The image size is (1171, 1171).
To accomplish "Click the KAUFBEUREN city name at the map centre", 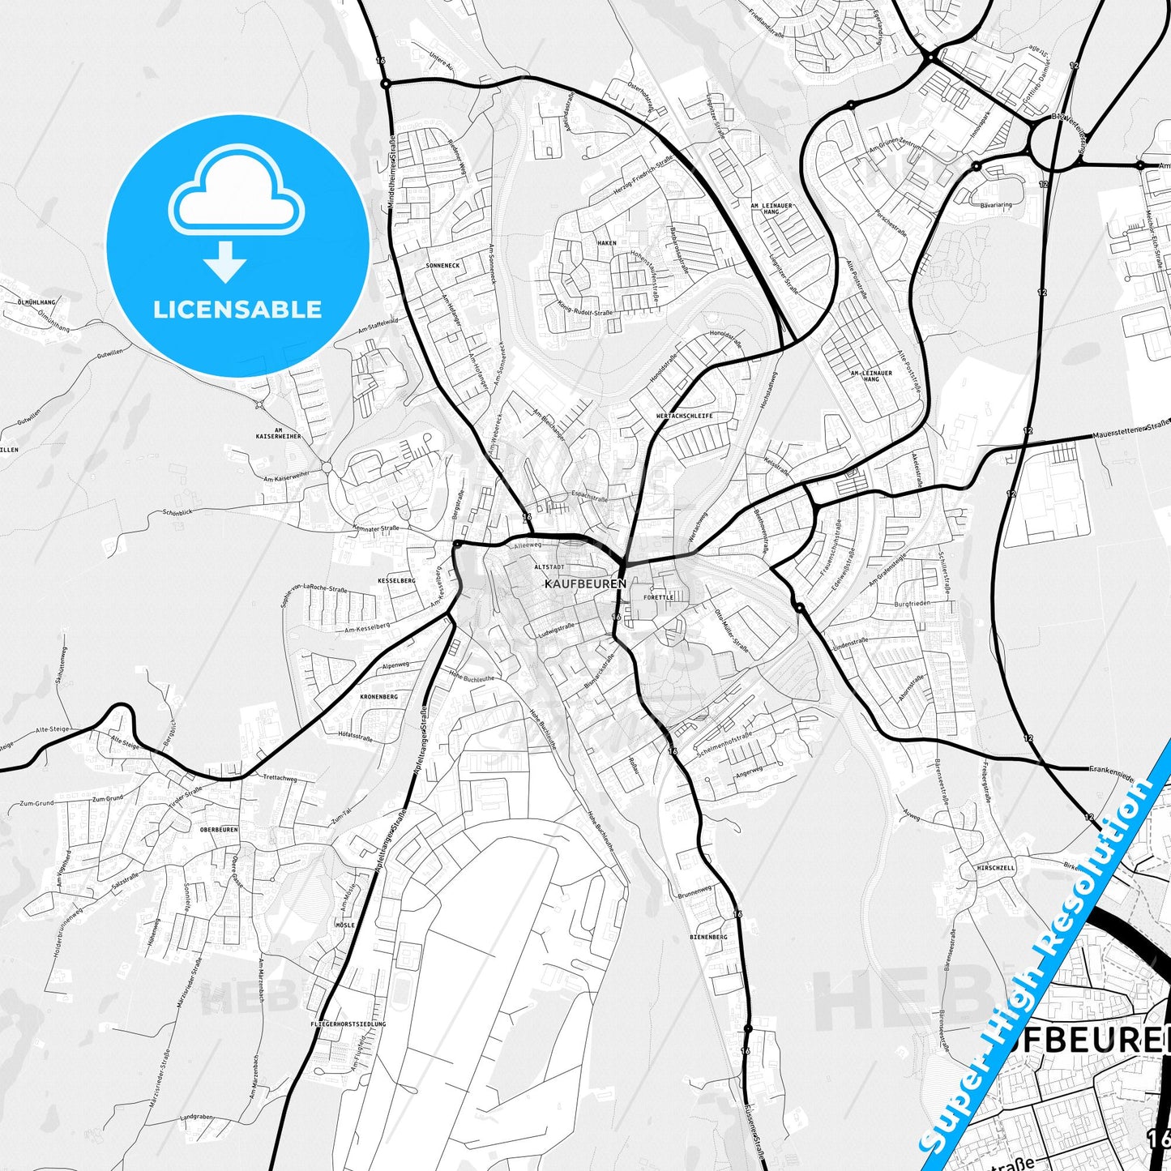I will (x=585, y=583).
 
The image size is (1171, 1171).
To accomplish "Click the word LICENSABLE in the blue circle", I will (x=237, y=309).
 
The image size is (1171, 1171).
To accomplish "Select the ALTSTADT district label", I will (x=549, y=567).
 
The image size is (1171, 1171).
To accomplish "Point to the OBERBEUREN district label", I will (x=219, y=830).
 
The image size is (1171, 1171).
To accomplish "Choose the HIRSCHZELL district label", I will (x=995, y=868).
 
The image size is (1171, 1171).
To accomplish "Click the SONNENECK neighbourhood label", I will (x=442, y=265).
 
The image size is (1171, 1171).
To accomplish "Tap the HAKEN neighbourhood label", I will (x=607, y=243).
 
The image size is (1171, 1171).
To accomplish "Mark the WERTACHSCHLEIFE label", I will (x=685, y=416).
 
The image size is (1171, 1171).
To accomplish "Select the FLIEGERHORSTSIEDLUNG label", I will (x=348, y=1024).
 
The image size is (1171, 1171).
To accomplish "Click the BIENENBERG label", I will (x=708, y=937).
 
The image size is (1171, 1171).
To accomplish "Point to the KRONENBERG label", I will (x=378, y=697).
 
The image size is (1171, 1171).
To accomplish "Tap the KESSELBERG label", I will (x=396, y=581).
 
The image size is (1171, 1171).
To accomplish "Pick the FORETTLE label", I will (x=658, y=597).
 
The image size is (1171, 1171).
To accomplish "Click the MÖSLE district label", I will (x=345, y=925).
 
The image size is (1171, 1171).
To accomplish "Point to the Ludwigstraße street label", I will (x=556, y=630).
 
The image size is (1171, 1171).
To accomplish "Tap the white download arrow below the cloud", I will (x=225, y=261).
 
